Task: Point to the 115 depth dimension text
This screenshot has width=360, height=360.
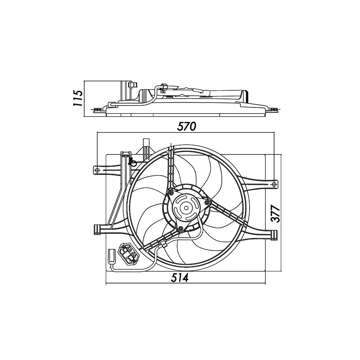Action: (x=77, y=98)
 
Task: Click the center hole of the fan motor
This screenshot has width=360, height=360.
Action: (x=186, y=207)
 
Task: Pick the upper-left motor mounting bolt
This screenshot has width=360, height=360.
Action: (x=171, y=193)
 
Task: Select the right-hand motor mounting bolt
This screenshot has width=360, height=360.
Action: (x=207, y=203)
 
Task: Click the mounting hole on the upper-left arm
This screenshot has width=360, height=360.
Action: (x=97, y=169)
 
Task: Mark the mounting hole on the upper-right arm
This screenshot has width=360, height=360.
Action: (x=274, y=184)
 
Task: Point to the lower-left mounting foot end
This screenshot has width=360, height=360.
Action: (x=96, y=229)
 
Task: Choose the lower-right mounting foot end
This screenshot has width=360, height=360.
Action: (x=275, y=235)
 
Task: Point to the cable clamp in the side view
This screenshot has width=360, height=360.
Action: (x=163, y=87)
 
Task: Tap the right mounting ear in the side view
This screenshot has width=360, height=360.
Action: (x=274, y=109)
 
